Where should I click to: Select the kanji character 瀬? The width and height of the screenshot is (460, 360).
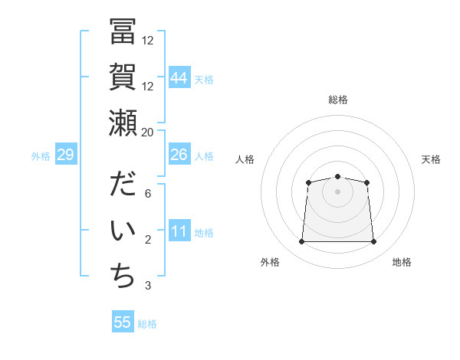123,123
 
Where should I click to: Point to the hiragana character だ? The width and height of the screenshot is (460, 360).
123,186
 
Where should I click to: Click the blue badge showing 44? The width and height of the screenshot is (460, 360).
179,77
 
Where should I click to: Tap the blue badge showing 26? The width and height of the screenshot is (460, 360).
179,155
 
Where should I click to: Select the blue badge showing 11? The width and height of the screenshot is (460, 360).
179,231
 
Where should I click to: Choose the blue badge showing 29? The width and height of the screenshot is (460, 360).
65,155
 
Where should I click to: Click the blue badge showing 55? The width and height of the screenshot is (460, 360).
123,322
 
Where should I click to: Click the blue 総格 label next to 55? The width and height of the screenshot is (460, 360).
147,324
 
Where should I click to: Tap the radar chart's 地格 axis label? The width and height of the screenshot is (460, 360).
402,262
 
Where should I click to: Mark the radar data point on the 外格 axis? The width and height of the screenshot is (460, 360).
301,242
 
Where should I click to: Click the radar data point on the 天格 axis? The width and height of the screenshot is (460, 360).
367,182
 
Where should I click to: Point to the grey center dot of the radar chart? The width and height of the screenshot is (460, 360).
337,191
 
